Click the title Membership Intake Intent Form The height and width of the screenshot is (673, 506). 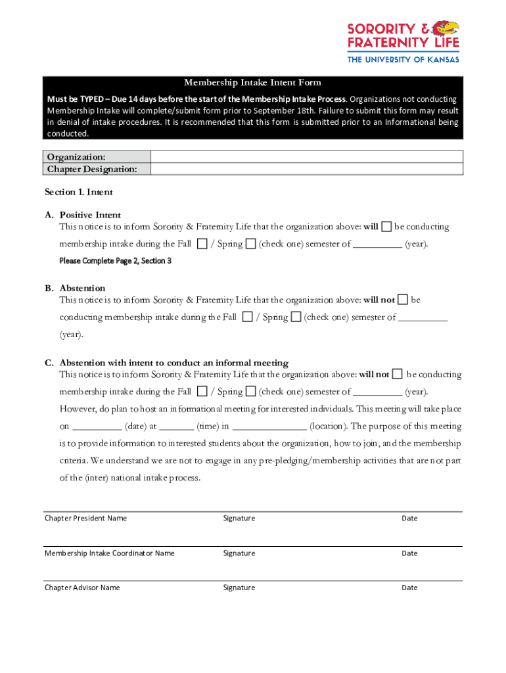(x=252, y=82)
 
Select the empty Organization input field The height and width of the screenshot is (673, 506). (x=307, y=157)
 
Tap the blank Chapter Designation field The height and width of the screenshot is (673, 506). (x=307, y=169)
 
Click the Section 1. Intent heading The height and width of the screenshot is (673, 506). (x=79, y=192)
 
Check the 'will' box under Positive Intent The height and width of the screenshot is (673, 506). (x=387, y=227)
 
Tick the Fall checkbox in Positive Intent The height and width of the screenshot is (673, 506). (x=202, y=244)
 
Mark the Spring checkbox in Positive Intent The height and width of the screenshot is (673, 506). (x=250, y=244)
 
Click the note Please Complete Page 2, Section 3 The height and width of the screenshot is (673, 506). (x=116, y=261)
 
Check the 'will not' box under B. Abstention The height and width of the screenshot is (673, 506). (x=403, y=300)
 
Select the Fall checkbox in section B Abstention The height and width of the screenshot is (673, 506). (x=247, y=317)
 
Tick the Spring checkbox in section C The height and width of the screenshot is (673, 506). (x=250, y=392)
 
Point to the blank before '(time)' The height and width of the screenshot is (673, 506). (x=176, y=427)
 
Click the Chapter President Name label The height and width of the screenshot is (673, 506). (x=85, y=519)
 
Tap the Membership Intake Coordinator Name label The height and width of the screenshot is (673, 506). (x=110, y=553)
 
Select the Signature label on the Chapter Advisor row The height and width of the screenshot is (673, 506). (x=239, y=588)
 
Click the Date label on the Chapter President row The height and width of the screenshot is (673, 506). (x=409, y=519)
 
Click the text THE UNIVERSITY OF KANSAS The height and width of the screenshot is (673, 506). (x=403, y=59)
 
